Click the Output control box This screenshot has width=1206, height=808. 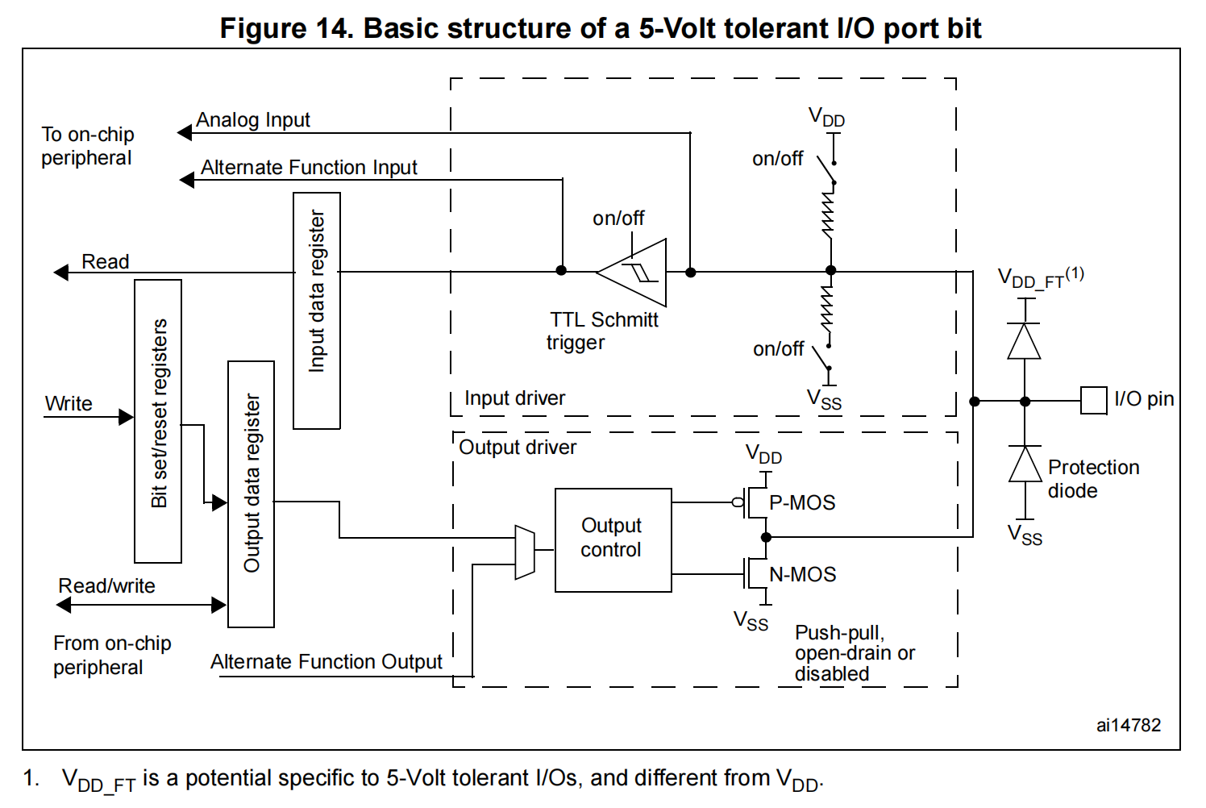(613, 539)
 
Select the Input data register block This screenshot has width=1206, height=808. (316, 310)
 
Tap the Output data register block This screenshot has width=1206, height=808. (251, 494)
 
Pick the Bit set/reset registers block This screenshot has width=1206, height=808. (158, 421)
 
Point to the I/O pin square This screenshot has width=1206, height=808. (1093, 401)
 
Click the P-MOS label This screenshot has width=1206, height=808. (801, 502)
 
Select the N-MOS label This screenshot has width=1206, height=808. (802, 574)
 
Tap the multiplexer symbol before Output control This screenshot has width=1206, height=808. (525, 552)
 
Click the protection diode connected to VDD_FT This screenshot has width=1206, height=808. (1025, 341)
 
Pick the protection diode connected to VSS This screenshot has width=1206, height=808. (1025, 464)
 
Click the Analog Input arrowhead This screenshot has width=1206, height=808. (185, 132)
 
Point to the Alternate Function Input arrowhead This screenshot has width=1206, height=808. (187, 180)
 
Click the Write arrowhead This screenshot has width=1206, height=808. (126, 417)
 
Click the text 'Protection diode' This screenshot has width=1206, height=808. (1092, 479)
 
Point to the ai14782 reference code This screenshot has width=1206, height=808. (1128, 725)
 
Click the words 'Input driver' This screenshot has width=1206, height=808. (514, 398)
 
